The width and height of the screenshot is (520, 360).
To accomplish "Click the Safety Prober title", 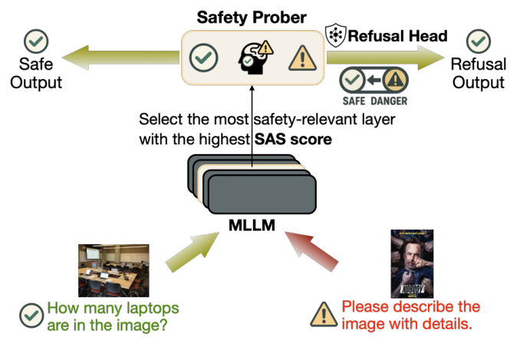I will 252,16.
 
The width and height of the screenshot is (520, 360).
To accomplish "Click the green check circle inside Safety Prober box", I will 204,56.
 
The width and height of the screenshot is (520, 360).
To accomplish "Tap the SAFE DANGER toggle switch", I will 375,81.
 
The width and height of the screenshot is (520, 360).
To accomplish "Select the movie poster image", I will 412,264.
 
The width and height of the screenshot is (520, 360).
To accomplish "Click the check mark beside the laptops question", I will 31,315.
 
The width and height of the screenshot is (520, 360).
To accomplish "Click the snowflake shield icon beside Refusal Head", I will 335,35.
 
